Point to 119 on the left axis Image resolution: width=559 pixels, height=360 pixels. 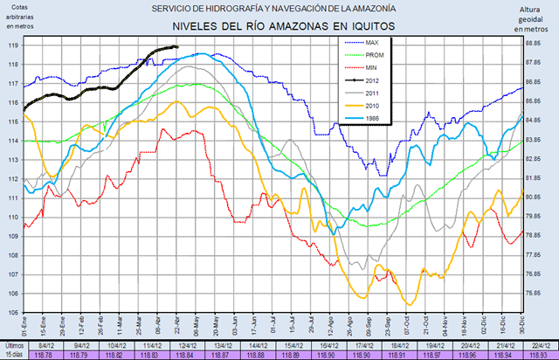pyautogui.click(x=13, y=45)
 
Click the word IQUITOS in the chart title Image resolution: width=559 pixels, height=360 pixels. pyautogui.click(x=366, y=26)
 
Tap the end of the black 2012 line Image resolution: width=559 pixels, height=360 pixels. pyautogui.click(x=177, y=47)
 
